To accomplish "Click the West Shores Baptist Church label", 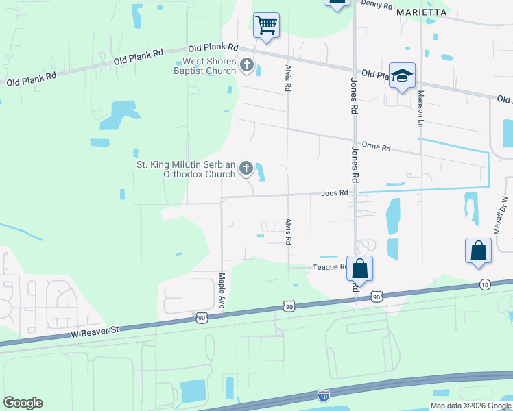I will pyautogui.click(x=204, y=66).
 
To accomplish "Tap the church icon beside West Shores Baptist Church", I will pyautogui.click(x=247, y=66).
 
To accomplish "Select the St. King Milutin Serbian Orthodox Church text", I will pyautogui.click(x=186, y=169).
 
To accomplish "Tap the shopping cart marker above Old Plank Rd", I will pyautogui.click(x=266, y=26).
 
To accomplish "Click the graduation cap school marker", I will pyautogui.click(x=402, y=76).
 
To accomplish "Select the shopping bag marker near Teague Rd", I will pyautogui.click(x=359, y=269).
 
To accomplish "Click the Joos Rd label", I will pyautogui.click(x=335, y=193).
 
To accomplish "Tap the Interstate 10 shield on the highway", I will pyautogui.click(x=324, y=395).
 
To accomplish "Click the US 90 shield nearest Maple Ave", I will pyautogui.click(x=201, y=317).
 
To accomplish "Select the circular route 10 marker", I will pyautogui.click(x=485, y=284).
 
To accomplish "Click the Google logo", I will pyautogui.click(x=23, y=402).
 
